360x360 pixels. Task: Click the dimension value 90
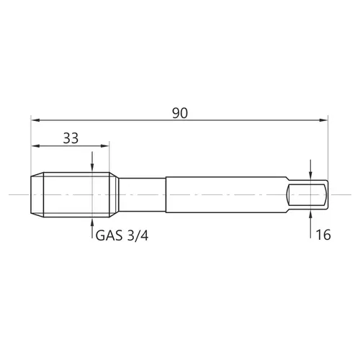[180, 113]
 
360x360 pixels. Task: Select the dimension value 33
[71, 138]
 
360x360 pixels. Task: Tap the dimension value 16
[323, 235]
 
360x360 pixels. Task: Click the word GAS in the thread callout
[109, 235]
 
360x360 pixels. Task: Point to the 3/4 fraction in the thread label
[138, 235]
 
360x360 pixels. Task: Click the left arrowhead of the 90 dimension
[35, 120]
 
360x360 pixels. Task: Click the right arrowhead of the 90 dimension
[323, 120]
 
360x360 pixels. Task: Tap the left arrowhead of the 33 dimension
[35, 145]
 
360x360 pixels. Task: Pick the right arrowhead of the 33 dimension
[105, 145]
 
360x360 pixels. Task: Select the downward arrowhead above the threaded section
[92, 168]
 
